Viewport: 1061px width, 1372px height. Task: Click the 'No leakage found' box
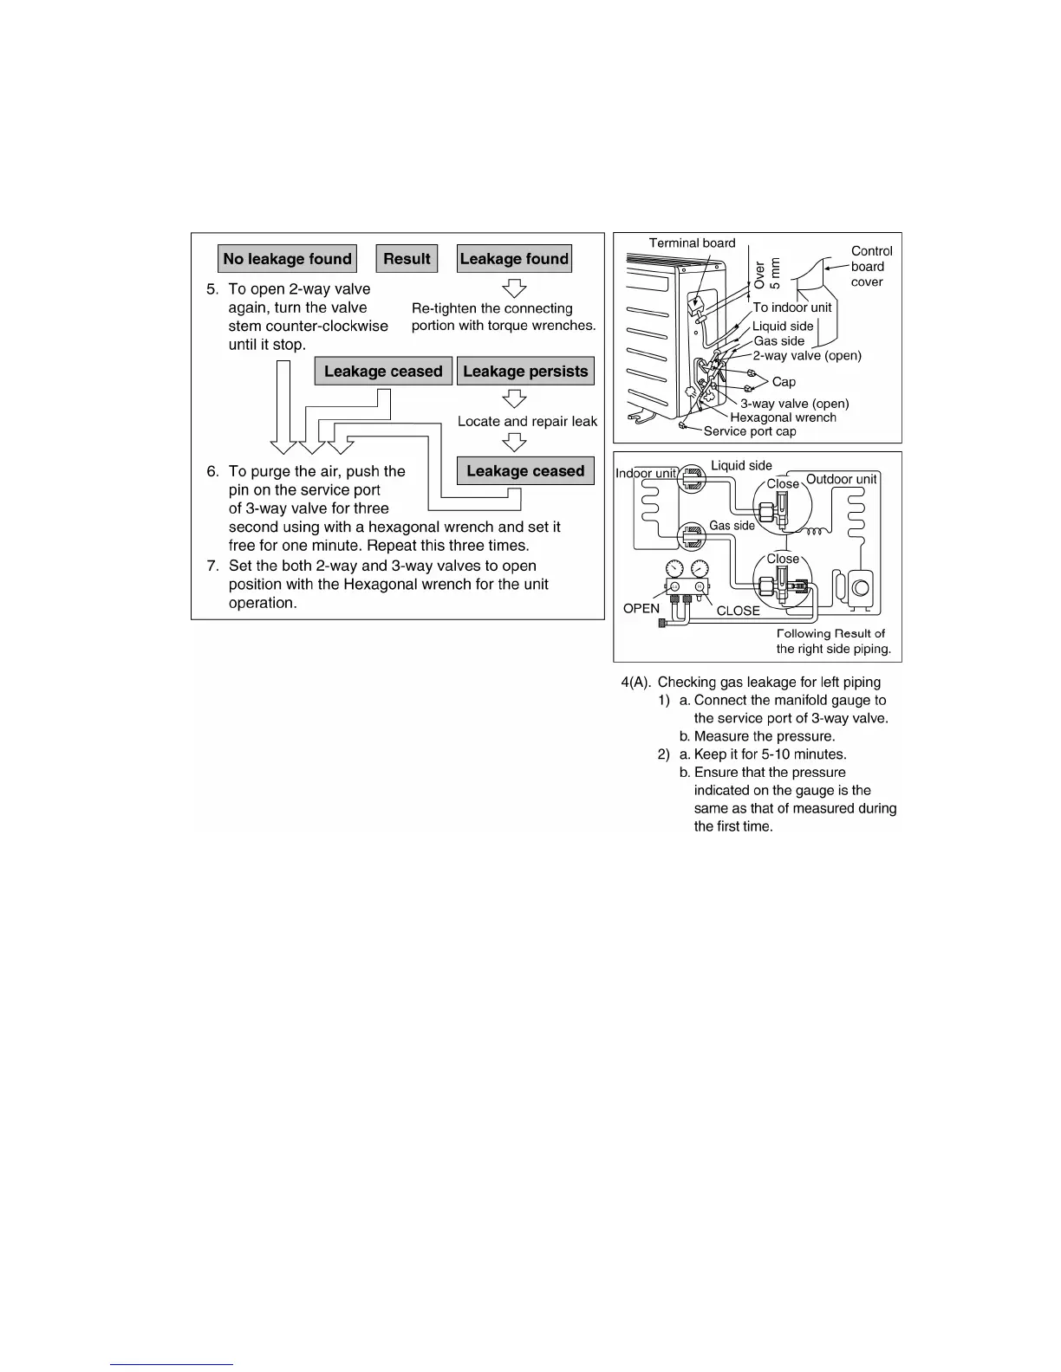click(287, 258)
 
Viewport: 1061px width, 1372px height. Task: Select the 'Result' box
click(407, 258)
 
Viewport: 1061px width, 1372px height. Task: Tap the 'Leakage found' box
click(514, 258)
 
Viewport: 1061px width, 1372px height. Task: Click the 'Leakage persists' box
click(525, 371)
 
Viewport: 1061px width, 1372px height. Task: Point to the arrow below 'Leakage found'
click(515, 288)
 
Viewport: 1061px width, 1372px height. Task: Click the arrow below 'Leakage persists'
click(515, 398)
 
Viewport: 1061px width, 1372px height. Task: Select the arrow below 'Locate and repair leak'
click(515, 442)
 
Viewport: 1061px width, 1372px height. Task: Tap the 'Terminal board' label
click(692, 243)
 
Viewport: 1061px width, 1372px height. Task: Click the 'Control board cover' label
click(869, 266)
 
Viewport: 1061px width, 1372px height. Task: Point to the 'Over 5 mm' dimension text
click(767, 273)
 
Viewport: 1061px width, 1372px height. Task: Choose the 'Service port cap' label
click(750, 431)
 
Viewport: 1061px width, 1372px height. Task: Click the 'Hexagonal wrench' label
click(783, 417)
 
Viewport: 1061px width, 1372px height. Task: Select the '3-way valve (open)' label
click(794, 404)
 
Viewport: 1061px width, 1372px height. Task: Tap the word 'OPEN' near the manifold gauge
click(641, 608)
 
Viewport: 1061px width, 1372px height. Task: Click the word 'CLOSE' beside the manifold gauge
click(738, 611)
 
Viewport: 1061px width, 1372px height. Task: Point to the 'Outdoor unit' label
click(841, 479)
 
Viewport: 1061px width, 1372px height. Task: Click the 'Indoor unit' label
click(646, 473)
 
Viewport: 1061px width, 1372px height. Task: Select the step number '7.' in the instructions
click(212, 566)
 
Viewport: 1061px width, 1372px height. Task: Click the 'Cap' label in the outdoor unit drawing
click(784, 382)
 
